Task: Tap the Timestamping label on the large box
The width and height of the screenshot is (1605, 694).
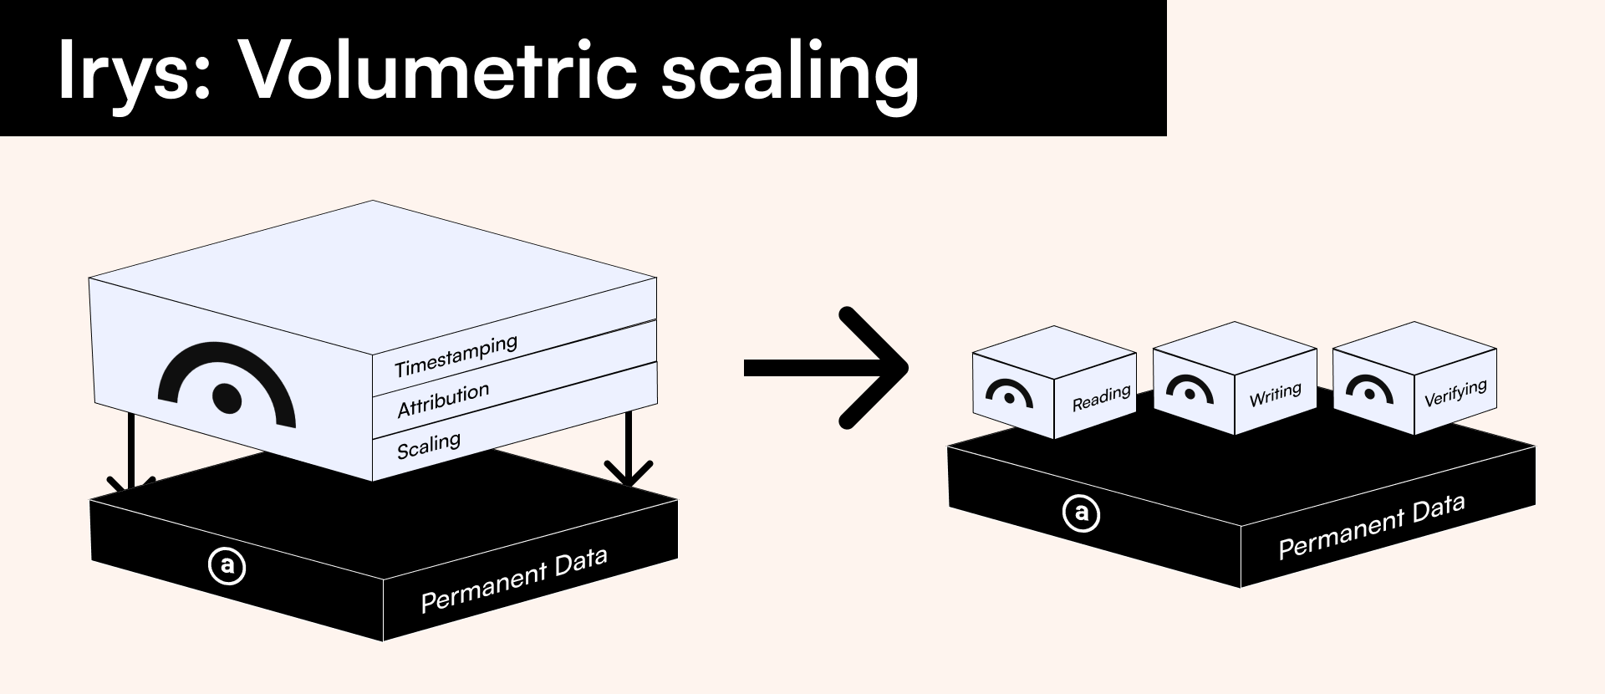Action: [x=456, y=356]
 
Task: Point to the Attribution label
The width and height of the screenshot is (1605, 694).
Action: [x=443, y=401]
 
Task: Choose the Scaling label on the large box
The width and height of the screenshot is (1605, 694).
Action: [x=428, y=445]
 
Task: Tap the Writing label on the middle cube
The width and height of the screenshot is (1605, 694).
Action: [x=1275, y=395]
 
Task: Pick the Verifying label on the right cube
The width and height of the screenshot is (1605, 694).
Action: [x=1455, y=392]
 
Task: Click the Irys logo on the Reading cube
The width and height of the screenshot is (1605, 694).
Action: [x=1009, y=394]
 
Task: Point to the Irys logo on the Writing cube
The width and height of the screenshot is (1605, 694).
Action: [x=1190, y=390]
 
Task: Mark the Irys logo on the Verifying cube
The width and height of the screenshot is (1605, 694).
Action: [x=1369, y=389]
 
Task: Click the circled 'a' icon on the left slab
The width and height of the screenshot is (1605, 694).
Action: [x=227, y=566]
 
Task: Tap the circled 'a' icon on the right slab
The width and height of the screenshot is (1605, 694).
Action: [x=1081, y=513]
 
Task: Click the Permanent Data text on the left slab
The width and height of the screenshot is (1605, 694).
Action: [x=513, y=580]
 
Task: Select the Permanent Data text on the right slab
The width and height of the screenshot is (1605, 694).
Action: [x=1371, y=526]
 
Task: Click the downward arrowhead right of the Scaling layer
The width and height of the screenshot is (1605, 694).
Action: [x=628, y=474]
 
